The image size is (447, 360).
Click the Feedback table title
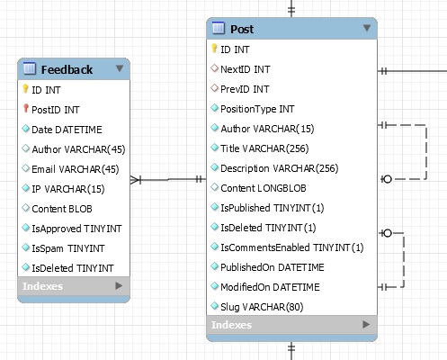67,70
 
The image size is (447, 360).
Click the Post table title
242,30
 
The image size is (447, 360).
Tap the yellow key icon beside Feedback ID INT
25,89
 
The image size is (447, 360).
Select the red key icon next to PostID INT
26,109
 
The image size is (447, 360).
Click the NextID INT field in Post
246,69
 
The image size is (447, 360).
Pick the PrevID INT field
245,89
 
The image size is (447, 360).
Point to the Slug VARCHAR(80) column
262,307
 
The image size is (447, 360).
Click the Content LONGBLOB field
264,188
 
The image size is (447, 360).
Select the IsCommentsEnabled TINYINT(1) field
292,247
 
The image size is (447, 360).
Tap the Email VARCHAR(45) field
76,169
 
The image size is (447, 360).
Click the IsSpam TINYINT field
68,248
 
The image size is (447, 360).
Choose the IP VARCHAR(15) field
68,189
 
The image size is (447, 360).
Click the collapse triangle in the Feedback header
120,68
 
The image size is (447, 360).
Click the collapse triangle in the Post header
367,28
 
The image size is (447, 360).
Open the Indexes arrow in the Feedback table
119,286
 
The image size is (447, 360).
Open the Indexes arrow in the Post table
366,325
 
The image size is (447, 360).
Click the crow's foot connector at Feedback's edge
136,180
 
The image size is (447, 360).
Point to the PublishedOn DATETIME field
273,267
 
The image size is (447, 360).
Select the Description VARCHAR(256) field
280,168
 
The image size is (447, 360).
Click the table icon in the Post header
218,28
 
